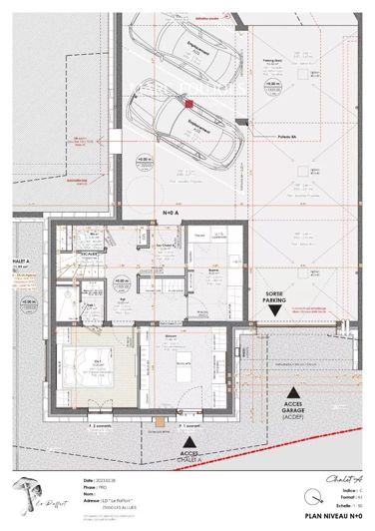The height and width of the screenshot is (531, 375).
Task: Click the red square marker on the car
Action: [187, 100]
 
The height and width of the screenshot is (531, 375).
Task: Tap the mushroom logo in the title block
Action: [27, 492]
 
